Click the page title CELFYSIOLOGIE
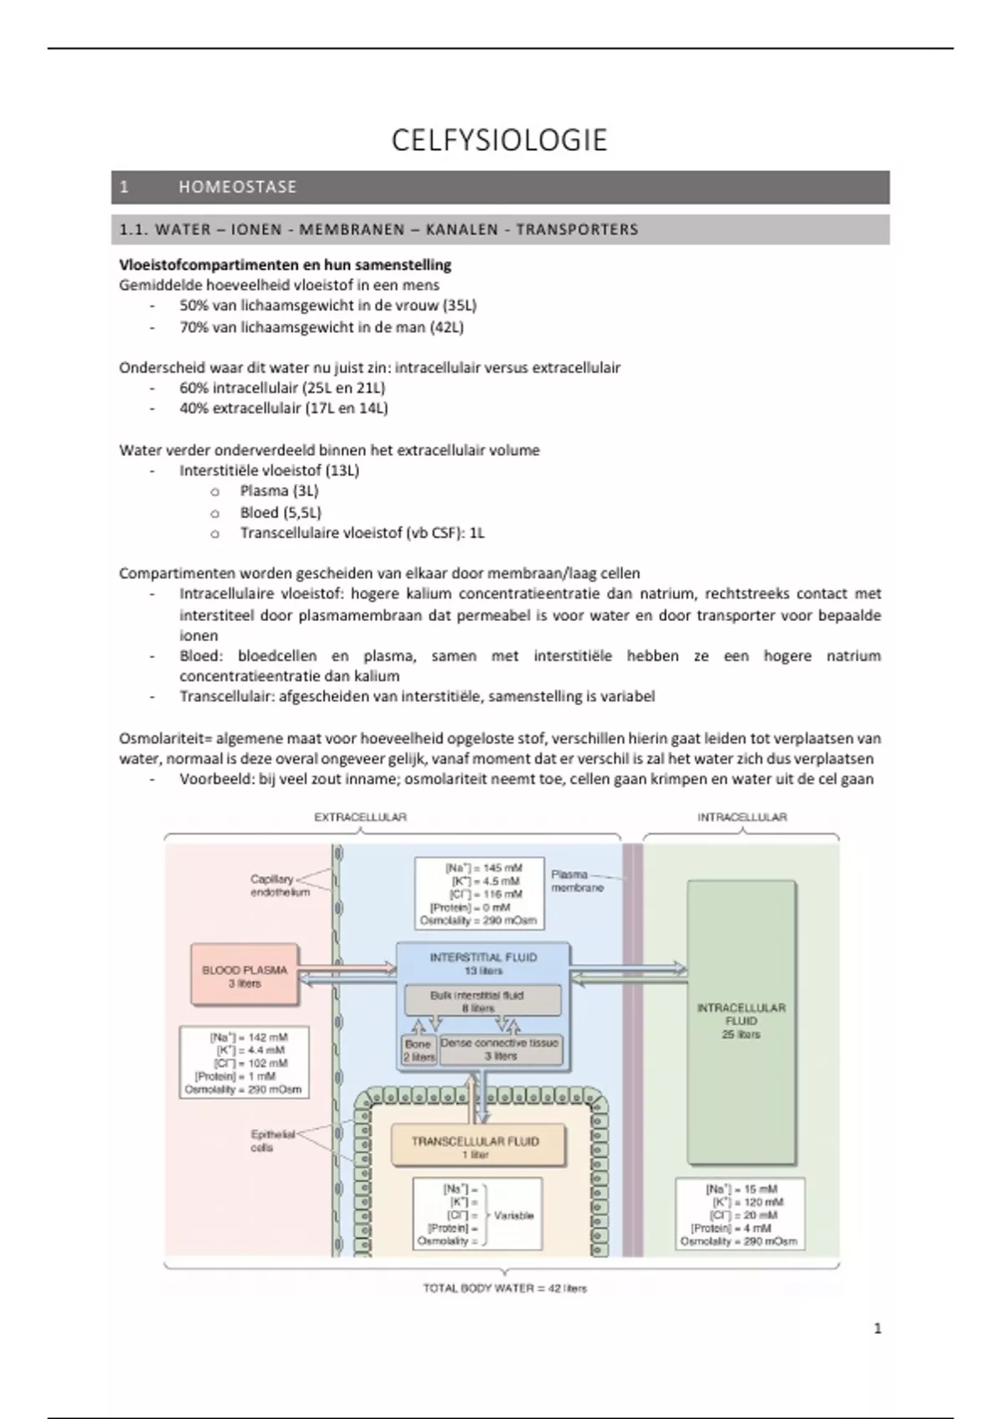[499, 140]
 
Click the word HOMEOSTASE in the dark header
[237, 187]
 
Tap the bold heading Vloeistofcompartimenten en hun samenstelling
[285, 265]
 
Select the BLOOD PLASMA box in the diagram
[244, 976]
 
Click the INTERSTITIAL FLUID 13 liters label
[483, 963]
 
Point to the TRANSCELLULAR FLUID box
[475, 1147]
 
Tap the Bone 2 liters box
[417, 1050]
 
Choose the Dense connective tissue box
[500, 1049]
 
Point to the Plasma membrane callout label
[576, 881]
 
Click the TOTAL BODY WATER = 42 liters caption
[504, 1288]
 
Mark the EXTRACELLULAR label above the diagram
[360, 817]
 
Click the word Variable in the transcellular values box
[514, 1215]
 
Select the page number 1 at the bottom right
[877, 1328]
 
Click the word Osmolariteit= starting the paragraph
[165, 739]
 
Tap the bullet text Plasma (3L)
[279, 491]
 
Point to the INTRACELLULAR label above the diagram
[741, 817]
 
